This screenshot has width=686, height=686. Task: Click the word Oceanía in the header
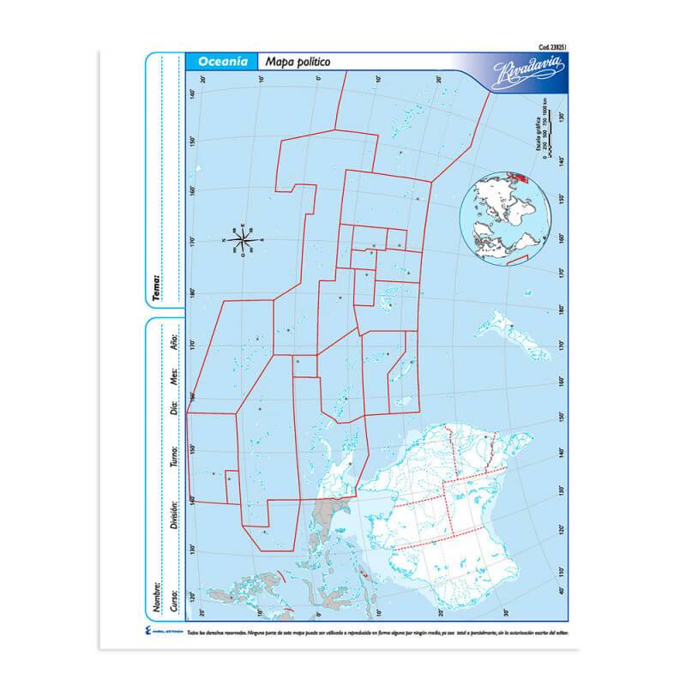(x=223, y=62)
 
